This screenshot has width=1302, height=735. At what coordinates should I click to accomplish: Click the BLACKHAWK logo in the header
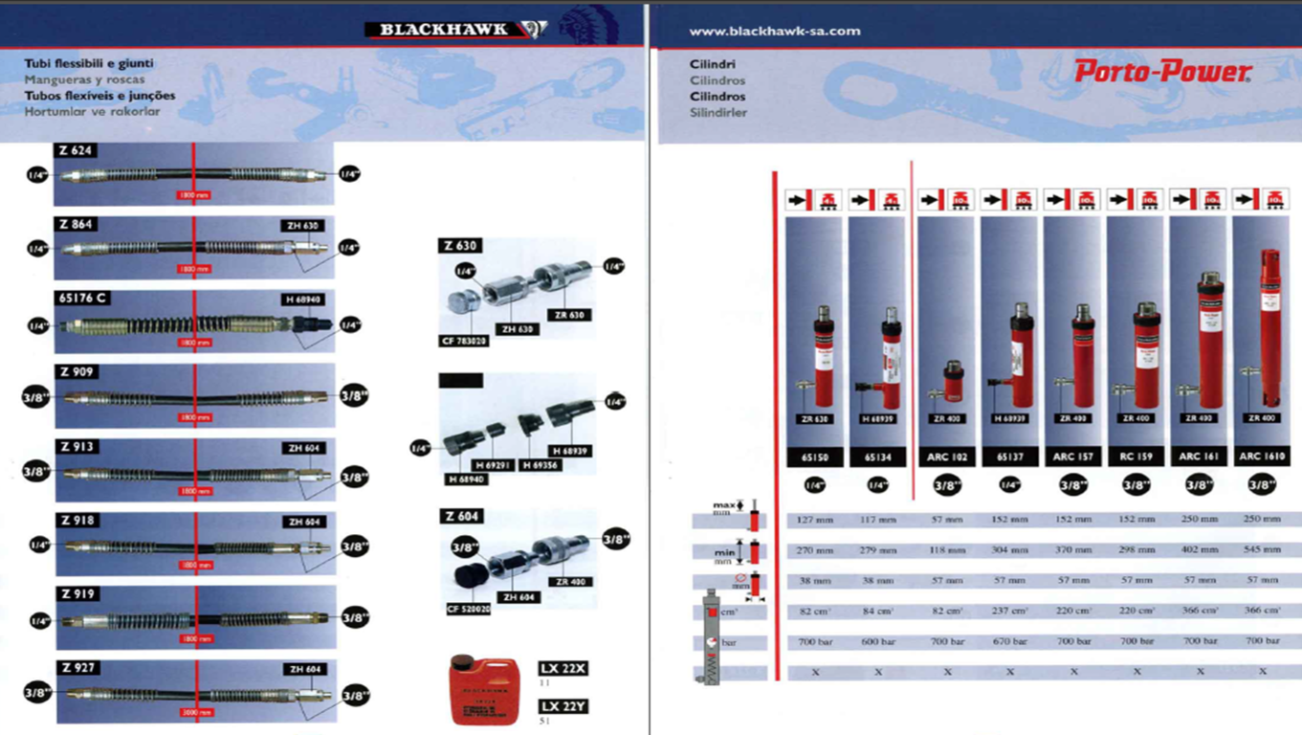click(455, 30)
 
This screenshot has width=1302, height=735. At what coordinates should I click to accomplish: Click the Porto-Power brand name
click(1162, 72)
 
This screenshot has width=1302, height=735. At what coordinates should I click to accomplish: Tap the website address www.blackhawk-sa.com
click(774, 31)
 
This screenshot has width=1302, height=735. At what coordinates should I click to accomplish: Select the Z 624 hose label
click(76, 150)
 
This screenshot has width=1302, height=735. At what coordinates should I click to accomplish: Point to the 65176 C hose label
click(82, 299)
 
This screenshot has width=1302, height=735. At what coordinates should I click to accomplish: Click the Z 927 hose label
click(77, 668)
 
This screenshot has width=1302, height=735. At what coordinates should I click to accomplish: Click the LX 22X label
click(563, 668)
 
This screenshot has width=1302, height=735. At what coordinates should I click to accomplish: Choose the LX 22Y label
click(563, 706)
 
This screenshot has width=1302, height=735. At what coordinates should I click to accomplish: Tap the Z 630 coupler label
click(460, 246)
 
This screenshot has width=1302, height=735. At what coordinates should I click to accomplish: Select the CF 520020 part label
click(469, 609)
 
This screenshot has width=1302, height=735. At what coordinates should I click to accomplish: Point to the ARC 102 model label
click(946, 457)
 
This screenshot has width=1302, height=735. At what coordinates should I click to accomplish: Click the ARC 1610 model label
click(1262, 457)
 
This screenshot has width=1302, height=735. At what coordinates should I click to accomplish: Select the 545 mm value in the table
click(1263, 550)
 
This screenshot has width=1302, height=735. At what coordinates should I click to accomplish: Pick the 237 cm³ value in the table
click(1009, 611)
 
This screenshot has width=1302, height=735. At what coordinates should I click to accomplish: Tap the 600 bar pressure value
click(877, 641)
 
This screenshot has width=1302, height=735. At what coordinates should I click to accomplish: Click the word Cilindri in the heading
click(712, 64)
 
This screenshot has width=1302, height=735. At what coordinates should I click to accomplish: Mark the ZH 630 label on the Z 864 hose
click(302, 226)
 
